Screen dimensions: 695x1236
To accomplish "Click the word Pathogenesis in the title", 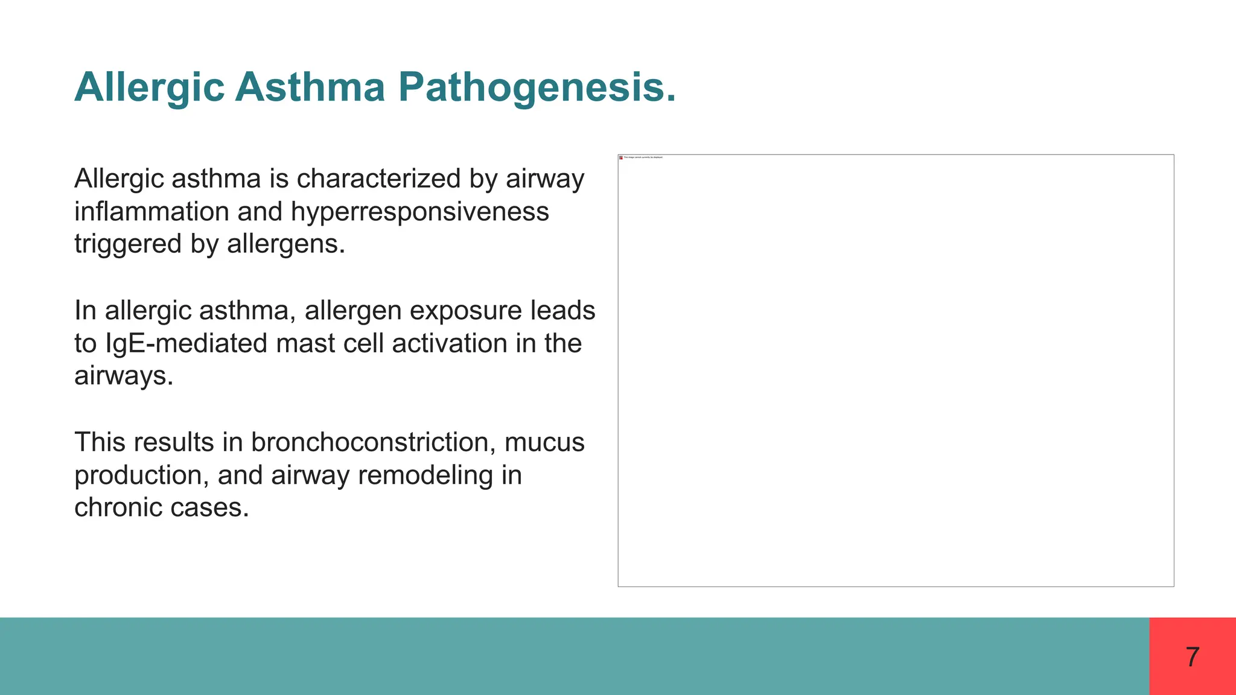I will [x=537, y=88].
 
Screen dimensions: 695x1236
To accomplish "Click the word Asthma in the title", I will [x=310, y=87].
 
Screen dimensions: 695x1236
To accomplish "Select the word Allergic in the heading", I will [x=150, y=88].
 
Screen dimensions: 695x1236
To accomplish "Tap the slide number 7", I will [x=1192, y=657].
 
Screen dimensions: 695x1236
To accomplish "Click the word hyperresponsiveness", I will [x=419, y=212].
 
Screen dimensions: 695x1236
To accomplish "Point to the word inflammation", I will [x=151, y=212].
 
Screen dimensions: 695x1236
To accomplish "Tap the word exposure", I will [x=465, y=311].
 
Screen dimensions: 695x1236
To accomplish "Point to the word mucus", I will [x=544, y=442].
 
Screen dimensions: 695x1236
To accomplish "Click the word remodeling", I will [x=425, y=475].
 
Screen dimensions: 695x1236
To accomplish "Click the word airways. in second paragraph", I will [x=124, y=376].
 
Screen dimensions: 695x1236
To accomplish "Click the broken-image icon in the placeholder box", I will [x=621, y=157].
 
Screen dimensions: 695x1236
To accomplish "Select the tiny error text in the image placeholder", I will [x=643, y=157].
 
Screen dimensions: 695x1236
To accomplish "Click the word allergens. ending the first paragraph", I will [x=285, y=244].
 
